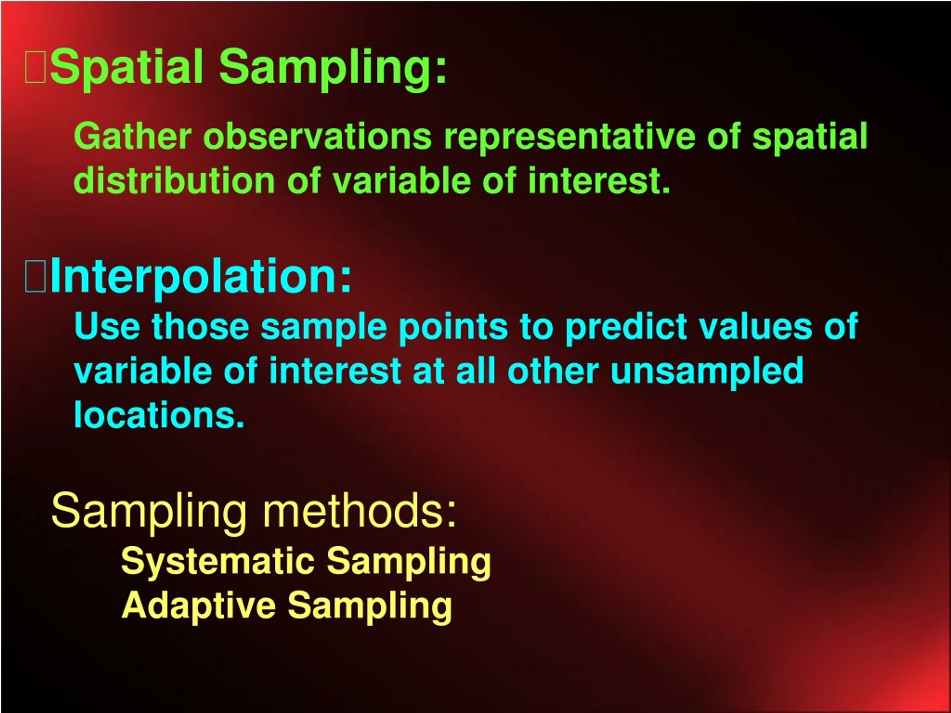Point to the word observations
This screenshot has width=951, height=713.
[x=317, y=136]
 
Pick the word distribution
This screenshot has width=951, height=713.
[x=174, y=181]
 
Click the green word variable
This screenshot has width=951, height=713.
[x=402, y=181]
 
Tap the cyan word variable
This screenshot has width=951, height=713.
[x=143, y=371]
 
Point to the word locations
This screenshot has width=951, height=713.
[x=159, y=414]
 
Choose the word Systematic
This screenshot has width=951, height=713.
[x=218, y=561]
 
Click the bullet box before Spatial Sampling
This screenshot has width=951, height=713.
[x=35, y=68]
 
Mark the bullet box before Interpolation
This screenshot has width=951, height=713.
[x=35, y=278]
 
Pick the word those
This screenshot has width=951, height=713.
[x=200, y=327]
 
